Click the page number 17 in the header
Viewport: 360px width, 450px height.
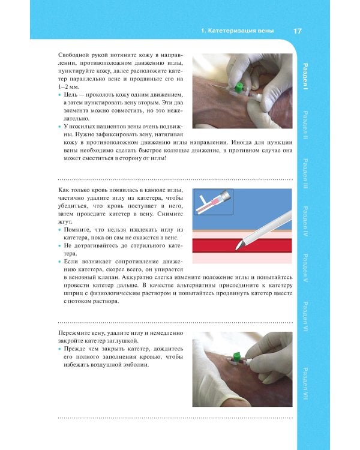298,31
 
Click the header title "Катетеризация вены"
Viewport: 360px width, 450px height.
241,31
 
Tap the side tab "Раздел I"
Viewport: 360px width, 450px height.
305,77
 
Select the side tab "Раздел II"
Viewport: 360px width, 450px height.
305,125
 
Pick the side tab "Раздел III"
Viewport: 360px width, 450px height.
305,173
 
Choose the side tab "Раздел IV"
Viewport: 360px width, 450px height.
305,221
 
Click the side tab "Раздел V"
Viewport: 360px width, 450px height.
305,268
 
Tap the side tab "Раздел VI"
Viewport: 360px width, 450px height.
305,317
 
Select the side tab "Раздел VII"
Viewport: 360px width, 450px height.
305,384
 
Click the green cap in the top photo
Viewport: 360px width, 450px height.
238,88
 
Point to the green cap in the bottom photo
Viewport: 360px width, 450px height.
237,356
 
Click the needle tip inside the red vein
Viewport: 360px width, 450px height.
236,250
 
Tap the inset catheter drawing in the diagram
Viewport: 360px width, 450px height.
213,202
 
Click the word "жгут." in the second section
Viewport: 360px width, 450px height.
65,222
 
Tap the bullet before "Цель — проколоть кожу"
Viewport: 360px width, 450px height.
60,95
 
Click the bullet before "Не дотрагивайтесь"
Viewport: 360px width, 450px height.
60,246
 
